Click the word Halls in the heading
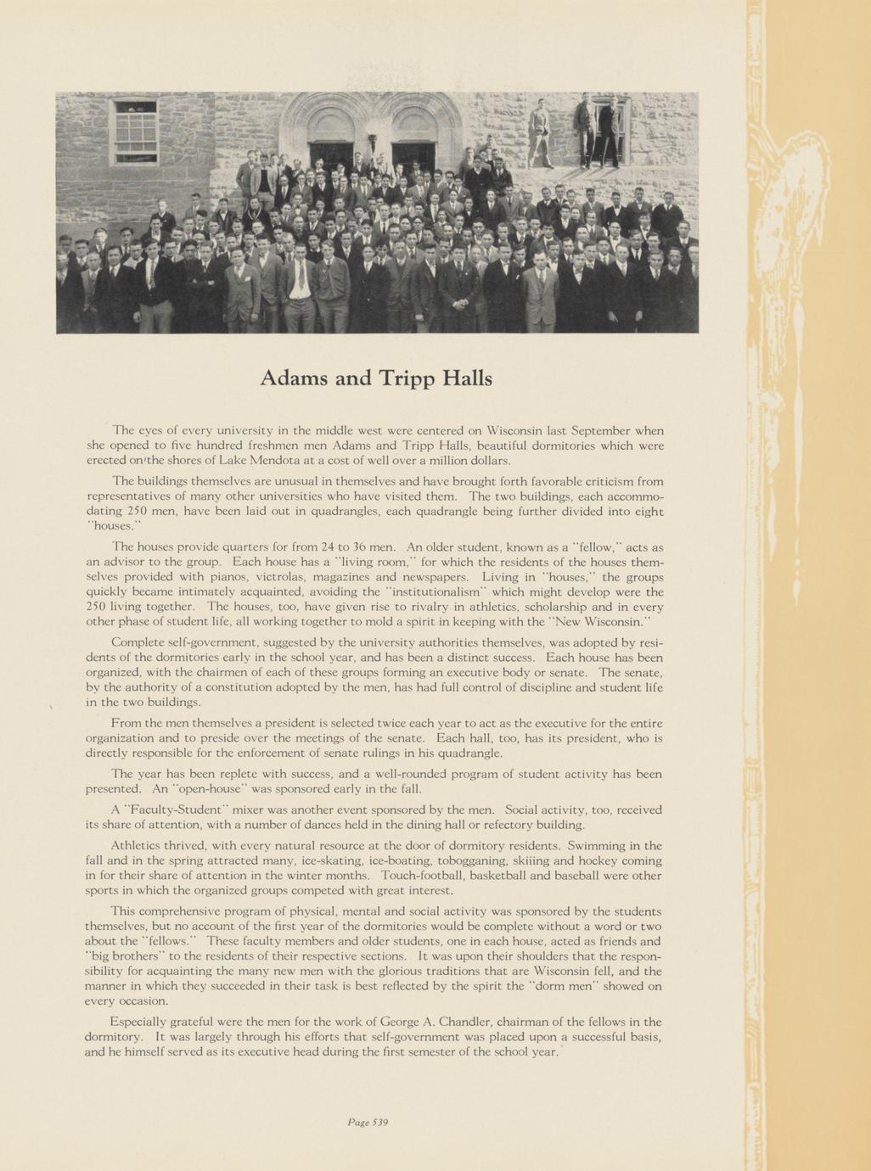click(x=467, y=378)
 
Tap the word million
click(x=438, y=461)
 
